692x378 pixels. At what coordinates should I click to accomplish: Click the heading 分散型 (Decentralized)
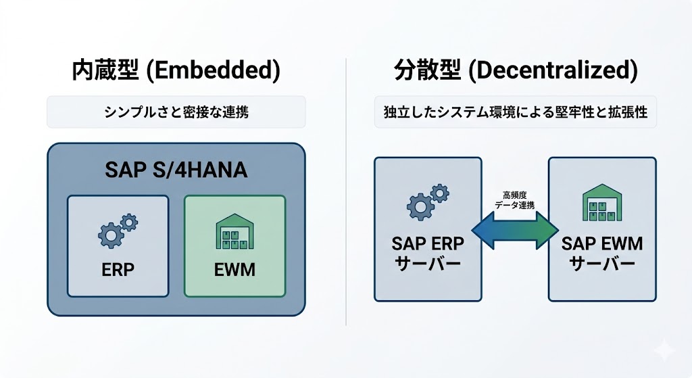(x=516, y=71)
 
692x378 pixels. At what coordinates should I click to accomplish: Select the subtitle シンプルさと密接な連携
(x=176, y=112)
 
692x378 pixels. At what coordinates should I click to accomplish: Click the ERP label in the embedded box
(x=118, y=269)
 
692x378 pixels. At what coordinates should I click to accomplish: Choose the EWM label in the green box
(x=234, y=269)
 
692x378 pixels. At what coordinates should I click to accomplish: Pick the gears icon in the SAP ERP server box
(x=427, y=202)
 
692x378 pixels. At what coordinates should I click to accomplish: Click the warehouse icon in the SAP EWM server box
(x=601, y=204)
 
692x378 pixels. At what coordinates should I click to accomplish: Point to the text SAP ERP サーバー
(x=426, y=252)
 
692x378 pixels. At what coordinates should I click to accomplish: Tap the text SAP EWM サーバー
(x=602, y=252)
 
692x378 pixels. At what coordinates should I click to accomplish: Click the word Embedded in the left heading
(x=214, y=71)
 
